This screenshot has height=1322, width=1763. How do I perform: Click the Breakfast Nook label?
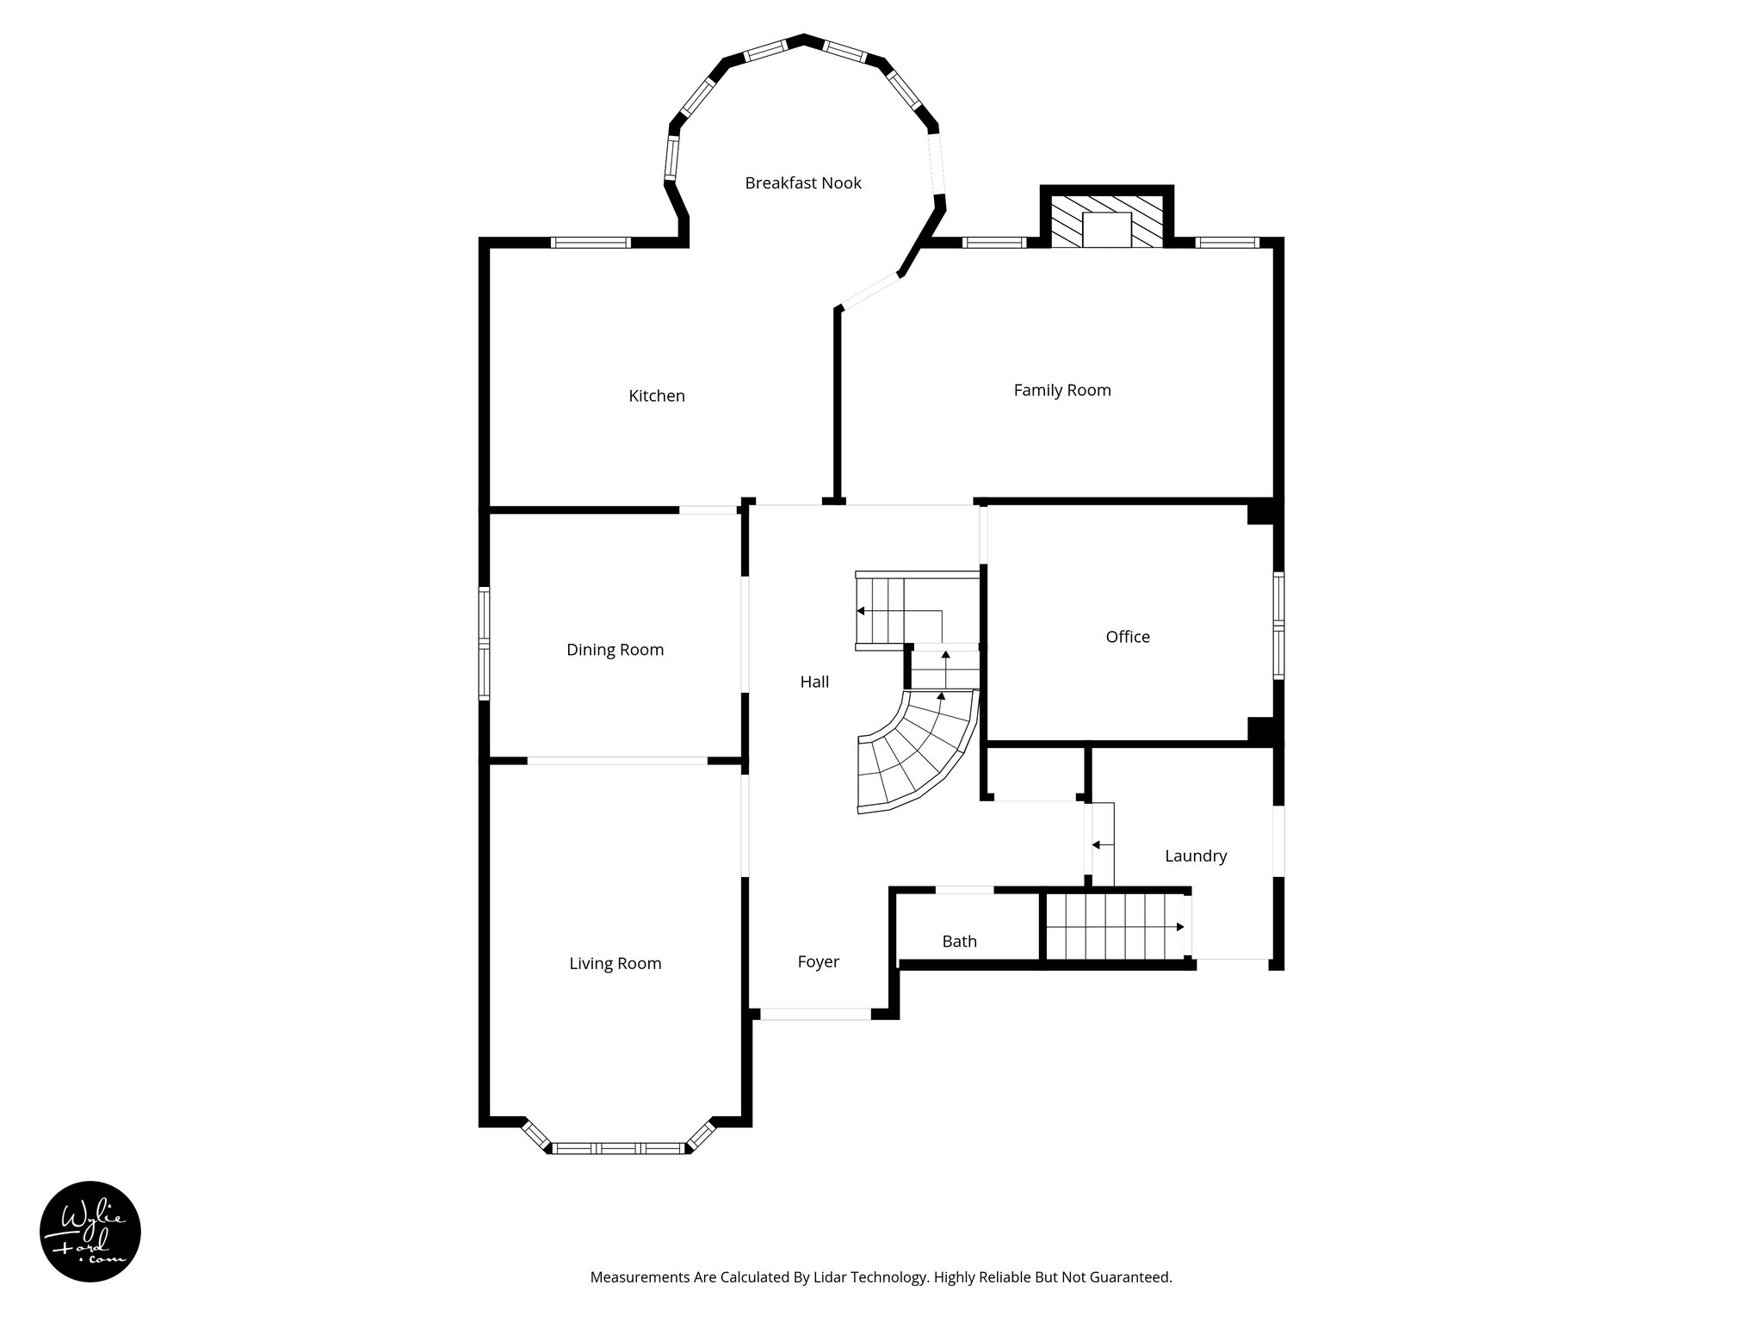(x=803, y=183)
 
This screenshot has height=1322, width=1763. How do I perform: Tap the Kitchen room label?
(x=657, y=396)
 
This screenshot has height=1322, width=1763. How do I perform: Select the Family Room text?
(x=1062, y=391)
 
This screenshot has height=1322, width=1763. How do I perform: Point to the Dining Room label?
(x=616, y=650)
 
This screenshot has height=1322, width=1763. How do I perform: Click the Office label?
(x=1128, y=637)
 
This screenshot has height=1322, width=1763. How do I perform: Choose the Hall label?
(x=814, y=682)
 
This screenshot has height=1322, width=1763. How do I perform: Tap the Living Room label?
(x=616, y=964)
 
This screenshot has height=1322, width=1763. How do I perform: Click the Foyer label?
(x=818, y=962)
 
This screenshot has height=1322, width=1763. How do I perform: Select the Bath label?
(x=960, y=942)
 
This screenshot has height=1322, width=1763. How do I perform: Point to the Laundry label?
(x=1196, y=856)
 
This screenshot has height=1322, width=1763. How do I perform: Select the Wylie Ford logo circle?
(x=90, y=1232)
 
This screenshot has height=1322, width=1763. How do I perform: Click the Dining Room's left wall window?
(x=485, y=644)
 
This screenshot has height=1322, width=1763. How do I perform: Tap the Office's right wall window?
(x=1278, y=625)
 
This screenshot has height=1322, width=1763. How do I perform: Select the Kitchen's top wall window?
(x=591, y=242)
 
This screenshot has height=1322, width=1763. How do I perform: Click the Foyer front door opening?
(x=816, y=1014)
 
